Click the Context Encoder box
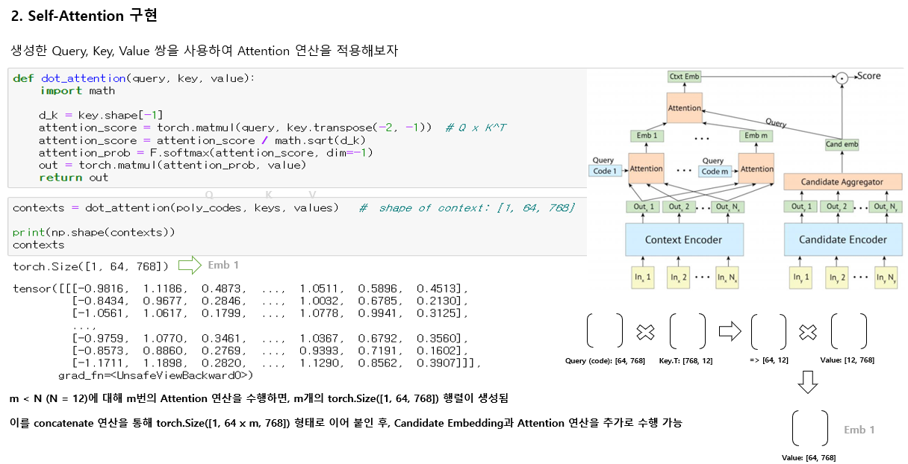pos(684,239)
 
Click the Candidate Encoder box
pos(843,239)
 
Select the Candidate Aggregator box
pos(842,182)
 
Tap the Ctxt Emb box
pos(685,77)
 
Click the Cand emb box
pos(842,144)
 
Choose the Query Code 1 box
pos(605,171)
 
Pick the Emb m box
pos(756,136)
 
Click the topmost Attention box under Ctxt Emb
pos(685,108)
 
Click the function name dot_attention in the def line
pos(83,78)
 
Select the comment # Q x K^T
pos(475,128)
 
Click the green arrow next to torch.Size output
pos(190,266)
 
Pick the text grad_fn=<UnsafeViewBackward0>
pos(155,374)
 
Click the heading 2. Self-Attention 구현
pos(84,16)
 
